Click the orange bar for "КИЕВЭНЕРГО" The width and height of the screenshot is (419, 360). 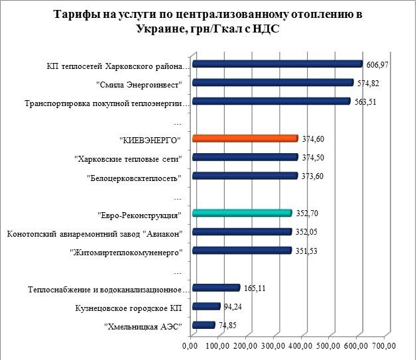coord(244,139)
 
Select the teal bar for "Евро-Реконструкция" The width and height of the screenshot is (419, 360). coord(241,213)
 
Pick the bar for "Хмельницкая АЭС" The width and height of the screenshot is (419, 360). coord(203,325)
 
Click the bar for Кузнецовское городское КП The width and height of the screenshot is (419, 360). coord(206,306)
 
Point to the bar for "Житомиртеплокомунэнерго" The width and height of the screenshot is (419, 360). coord(241,251)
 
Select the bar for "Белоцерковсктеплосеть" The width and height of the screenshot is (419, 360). coord(244,176)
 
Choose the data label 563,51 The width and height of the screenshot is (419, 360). coord(363,102)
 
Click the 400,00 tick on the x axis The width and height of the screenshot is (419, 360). coord(302,346)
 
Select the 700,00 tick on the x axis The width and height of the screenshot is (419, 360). coord(385,346)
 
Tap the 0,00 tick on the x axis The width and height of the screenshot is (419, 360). coord(191,346)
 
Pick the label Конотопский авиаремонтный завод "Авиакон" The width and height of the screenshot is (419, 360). coord(97,232)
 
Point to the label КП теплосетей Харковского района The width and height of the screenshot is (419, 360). coord(119,65)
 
